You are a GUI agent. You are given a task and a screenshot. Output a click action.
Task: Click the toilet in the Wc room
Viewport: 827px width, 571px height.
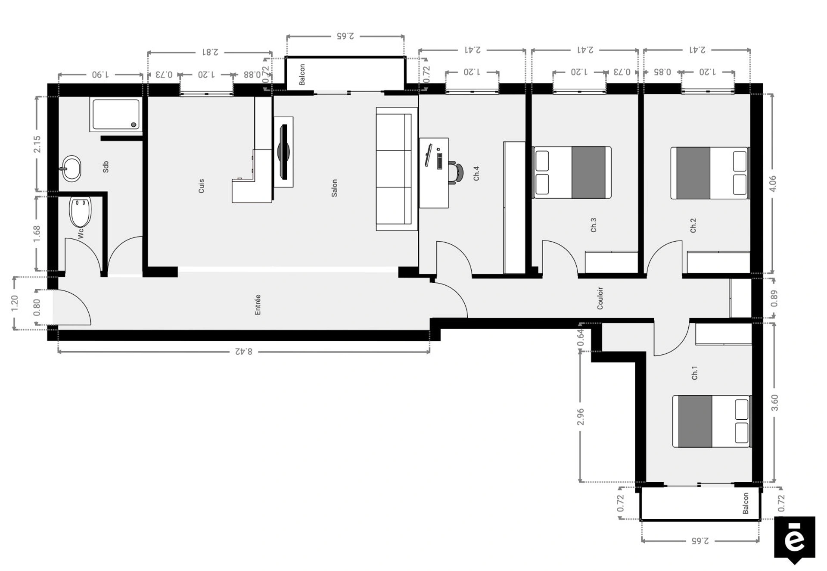pos(81,212)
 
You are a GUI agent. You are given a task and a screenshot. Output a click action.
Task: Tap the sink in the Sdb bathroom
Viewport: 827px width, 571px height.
pos(71,168)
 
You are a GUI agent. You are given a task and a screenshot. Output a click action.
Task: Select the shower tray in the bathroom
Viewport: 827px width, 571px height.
pos(116,114)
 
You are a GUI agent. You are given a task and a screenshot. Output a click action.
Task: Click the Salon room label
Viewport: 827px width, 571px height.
pos(334,188)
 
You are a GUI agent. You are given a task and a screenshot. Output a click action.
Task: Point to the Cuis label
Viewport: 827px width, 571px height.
pos(201,186)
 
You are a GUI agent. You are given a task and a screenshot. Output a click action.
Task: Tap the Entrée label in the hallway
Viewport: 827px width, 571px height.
pos(258,305)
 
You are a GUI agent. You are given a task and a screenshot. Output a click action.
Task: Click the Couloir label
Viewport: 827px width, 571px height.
pos(600,298)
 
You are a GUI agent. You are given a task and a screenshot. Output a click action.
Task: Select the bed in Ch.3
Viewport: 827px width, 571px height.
pos(572,172)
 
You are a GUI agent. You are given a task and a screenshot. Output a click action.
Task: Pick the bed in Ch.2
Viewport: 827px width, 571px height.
pos(710,173)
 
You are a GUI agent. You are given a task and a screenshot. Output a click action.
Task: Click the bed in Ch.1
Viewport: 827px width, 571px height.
pos(712,421)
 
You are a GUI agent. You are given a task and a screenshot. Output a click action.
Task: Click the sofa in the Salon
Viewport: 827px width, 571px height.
pos(397,169)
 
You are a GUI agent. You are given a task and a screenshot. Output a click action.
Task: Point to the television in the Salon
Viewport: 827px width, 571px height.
pos(283,152)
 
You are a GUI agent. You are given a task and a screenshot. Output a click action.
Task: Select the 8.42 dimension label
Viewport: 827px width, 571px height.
pos(244,352)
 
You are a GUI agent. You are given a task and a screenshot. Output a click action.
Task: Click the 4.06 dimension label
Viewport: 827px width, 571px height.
pos(773,184)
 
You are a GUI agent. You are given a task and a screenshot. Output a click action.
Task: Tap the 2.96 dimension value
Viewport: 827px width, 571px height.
pos(580,417)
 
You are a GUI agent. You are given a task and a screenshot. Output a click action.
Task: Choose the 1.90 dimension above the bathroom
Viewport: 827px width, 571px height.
pos(100,75)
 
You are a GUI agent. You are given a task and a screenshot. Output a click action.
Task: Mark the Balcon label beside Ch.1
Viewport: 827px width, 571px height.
pos(746,503)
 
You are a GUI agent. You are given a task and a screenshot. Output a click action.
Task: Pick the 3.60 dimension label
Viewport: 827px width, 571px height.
pos(774,403)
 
